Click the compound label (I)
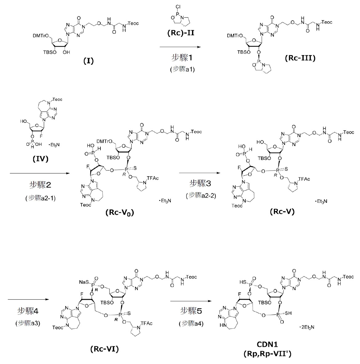pyautogui.click(x=88, y=61)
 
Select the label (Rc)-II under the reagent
pyautogui.click(x=181, y=33)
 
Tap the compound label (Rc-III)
pyautogui.click(x=300, y=58)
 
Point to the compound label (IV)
pyautogui.click(x=41, y=159)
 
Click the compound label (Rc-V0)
pyautogui.click(x=120, y=213)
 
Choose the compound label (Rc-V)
pyautogui.click(x=282, y=211)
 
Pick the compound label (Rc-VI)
pyautogui.click(x=104, y=349)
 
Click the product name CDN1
pyautogui.click(x=267, y=344)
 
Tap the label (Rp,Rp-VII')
pyautogui.click(x=267, y=354)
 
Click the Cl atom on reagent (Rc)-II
pyautogui.click(x=178, y=7)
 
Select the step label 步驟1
pyautogui.click(x=182, y=58)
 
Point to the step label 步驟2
pyautogui.click(x=40, y=185)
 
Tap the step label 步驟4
pyautogui.click(x=28, y=311)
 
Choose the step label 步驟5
pyautogui.click(x=191, y=310)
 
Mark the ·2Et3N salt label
pyautogui.click(x=306, y=327)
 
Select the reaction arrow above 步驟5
pyautogui.click(x=191, y=301)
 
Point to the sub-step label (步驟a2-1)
pyautogui.click(x=41, y=198)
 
